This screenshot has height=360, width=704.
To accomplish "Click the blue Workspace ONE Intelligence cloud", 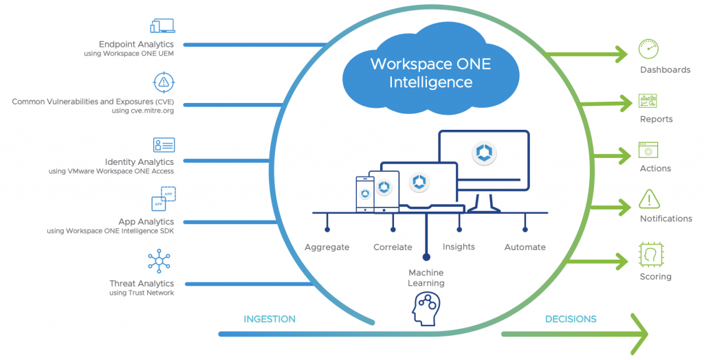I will click(x=421, y=73).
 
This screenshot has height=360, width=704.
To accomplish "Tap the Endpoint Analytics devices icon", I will click(x=164, y=26).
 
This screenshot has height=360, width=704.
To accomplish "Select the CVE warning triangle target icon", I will click(x=164, y=83).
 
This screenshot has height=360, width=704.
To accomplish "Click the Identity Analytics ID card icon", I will click(x=164, y=144).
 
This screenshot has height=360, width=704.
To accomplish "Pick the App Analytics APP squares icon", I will click(x=163, y=200).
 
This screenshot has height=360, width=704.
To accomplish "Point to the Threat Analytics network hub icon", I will click(x=159, y=261).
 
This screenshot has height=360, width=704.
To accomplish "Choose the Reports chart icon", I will click(x=648, y=101).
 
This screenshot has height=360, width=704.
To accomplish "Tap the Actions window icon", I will click(x=648, y=150).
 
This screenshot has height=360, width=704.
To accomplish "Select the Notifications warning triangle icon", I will click(x=648, y=199).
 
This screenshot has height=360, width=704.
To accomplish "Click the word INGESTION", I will click(x=269, y=319).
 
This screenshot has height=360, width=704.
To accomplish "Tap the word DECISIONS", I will click(x=571, y=319).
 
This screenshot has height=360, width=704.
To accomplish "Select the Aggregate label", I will click(x=327, y=247).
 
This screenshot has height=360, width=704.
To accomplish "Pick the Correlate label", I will click(x=393, y=247).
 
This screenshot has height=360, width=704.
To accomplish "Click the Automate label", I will click(x=525, y=247).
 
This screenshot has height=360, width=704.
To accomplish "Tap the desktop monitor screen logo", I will click(x=484, y=153).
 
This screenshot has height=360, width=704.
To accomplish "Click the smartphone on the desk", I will click(x=364, y=194).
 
